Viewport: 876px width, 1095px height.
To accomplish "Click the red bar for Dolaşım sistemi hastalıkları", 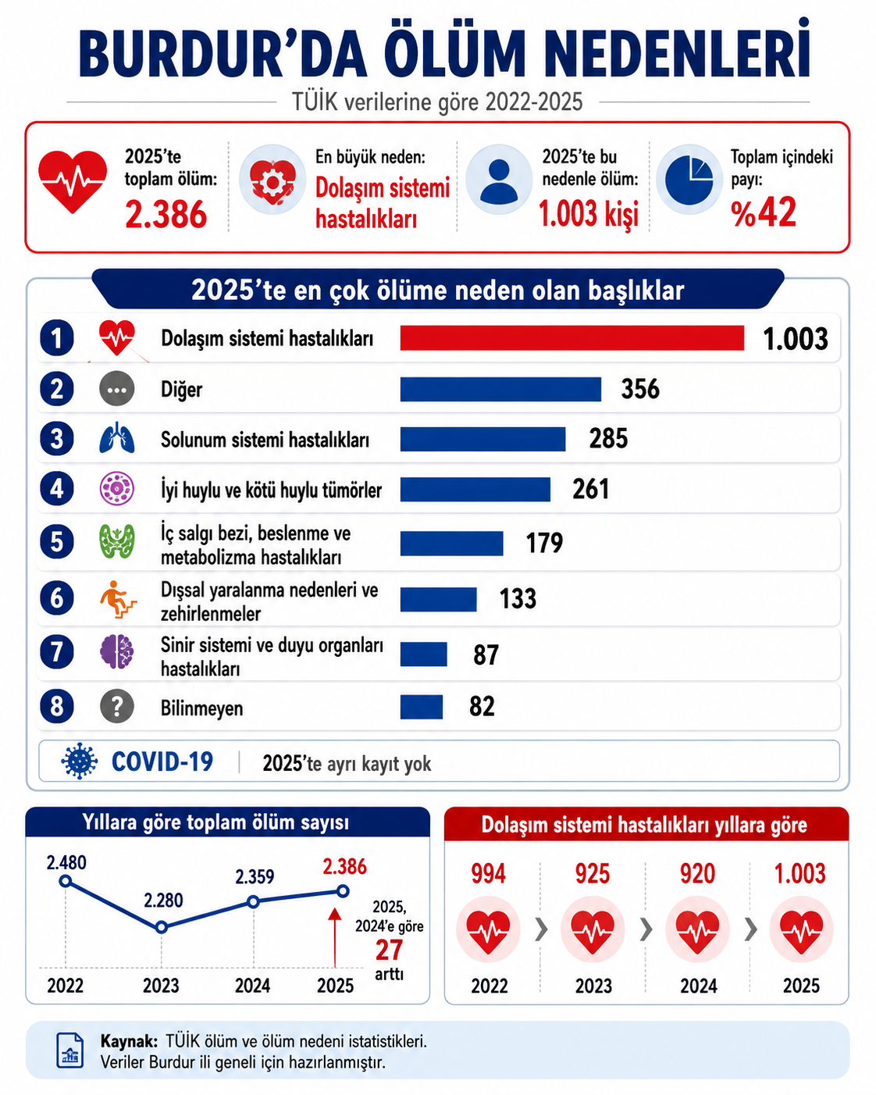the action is [572, 338].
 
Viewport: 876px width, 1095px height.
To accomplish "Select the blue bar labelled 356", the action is [500, 389].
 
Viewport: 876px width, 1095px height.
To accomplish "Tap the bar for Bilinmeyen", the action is [421, 707].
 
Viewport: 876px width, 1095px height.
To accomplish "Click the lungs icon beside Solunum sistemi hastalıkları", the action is [117, 438].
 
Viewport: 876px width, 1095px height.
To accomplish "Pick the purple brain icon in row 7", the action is [117, 652].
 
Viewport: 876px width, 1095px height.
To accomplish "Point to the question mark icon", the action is [117, 706].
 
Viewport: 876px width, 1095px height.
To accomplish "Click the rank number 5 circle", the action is [57, 541].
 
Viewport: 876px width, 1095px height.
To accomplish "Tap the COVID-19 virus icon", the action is [80, 762].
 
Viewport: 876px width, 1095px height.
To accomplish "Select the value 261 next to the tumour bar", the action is [590, 490].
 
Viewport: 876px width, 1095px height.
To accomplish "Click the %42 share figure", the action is [764, 212].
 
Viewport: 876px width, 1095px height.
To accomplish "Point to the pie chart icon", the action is [689, 179].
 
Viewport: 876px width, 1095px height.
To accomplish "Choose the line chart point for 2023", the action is [162, 927].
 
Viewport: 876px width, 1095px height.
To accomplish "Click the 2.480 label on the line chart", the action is [66, 862].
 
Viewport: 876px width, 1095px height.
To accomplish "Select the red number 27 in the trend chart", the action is [389, 950].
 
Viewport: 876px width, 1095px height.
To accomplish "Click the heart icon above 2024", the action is [697, 929].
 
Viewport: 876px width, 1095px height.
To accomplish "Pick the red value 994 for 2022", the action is [489, 874].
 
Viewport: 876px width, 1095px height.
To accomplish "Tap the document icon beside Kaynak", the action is [70, 1050].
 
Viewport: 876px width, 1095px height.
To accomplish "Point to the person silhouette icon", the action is [499, 180].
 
